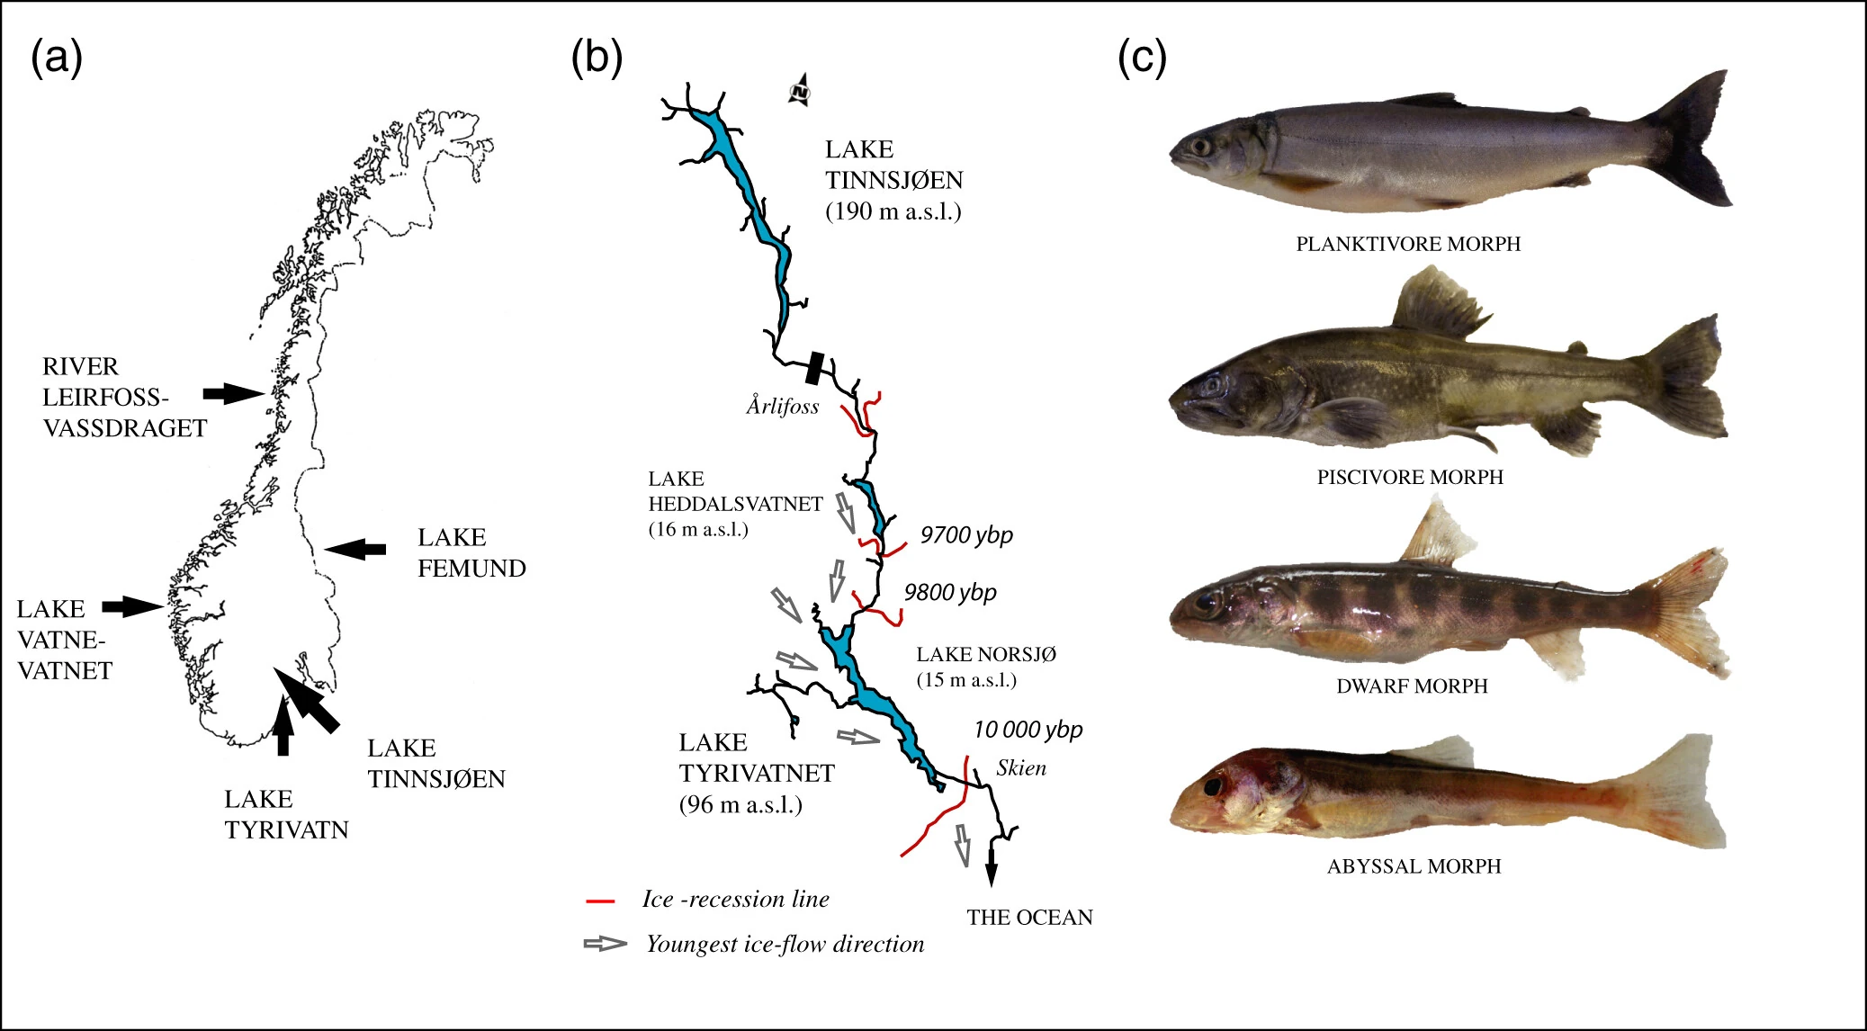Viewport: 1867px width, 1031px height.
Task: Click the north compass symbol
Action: click(x=801, y=90)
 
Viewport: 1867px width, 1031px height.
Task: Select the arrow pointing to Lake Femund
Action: click(x=355, y=548)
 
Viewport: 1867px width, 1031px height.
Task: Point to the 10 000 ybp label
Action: click(x=1028, y=730)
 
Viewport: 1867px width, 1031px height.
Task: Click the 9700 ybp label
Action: click(x=966, y=535)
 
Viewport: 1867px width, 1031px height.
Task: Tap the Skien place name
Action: click(x=1021, y=767)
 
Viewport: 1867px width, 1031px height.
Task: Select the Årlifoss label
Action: click(x=782, y=406)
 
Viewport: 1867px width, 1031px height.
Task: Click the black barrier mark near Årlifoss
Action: click(x=814, y=367)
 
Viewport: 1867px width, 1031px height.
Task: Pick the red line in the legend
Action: click(x=600, y=900)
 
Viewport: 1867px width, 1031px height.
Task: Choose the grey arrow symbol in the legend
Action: click(x=606, y=944)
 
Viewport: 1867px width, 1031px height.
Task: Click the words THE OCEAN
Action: click(x=1030, y=918)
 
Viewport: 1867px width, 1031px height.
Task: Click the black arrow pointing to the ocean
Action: click(x=992, y=863)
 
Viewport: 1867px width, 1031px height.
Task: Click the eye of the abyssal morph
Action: click(x=1214, y=785)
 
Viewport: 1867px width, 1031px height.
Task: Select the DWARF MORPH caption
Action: click(x=1412, y=686)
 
